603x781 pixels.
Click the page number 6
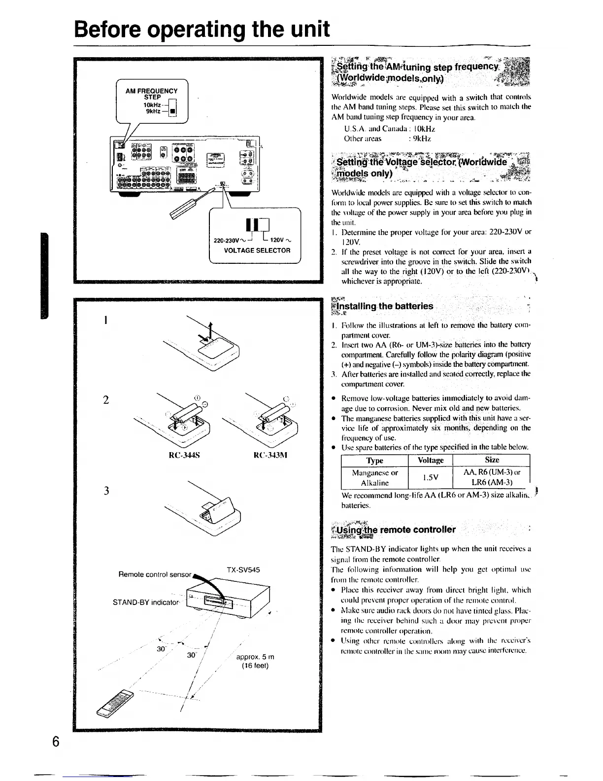click(56, 741)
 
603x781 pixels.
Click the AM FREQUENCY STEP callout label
click(151, 94)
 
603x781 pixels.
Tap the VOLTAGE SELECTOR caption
click(257, 250)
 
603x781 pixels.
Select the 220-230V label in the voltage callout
click(226, 241)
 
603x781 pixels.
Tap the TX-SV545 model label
click(243, 569)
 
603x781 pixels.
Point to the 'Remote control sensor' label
click(155, 574)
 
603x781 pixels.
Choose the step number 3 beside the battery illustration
click(106, 491)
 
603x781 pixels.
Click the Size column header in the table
click(492, 460)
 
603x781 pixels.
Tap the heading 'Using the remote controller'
click(395, 530)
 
